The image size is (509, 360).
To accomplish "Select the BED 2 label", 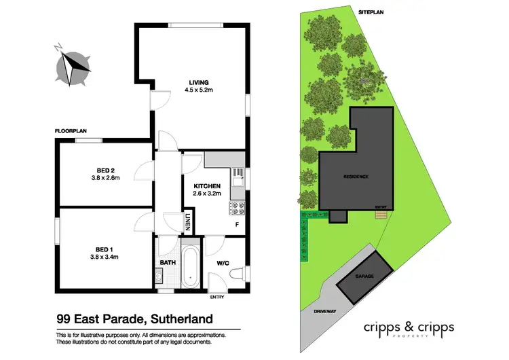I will click(x=105, y=170).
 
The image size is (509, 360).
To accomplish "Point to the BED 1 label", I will click(x=105, y=249).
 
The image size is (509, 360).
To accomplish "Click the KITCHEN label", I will click(x=206, y=185).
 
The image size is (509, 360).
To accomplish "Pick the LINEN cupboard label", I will click(x=188, y=221).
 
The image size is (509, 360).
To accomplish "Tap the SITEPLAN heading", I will click(x=371, y=12).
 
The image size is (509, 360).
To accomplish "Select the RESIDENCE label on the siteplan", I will click(x=356, y=177).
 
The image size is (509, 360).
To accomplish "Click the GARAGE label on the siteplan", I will click(x=365, y=277).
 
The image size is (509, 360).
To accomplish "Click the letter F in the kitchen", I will click(x=236, y=223).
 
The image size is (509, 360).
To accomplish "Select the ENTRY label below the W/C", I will click(x=217, y=297).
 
